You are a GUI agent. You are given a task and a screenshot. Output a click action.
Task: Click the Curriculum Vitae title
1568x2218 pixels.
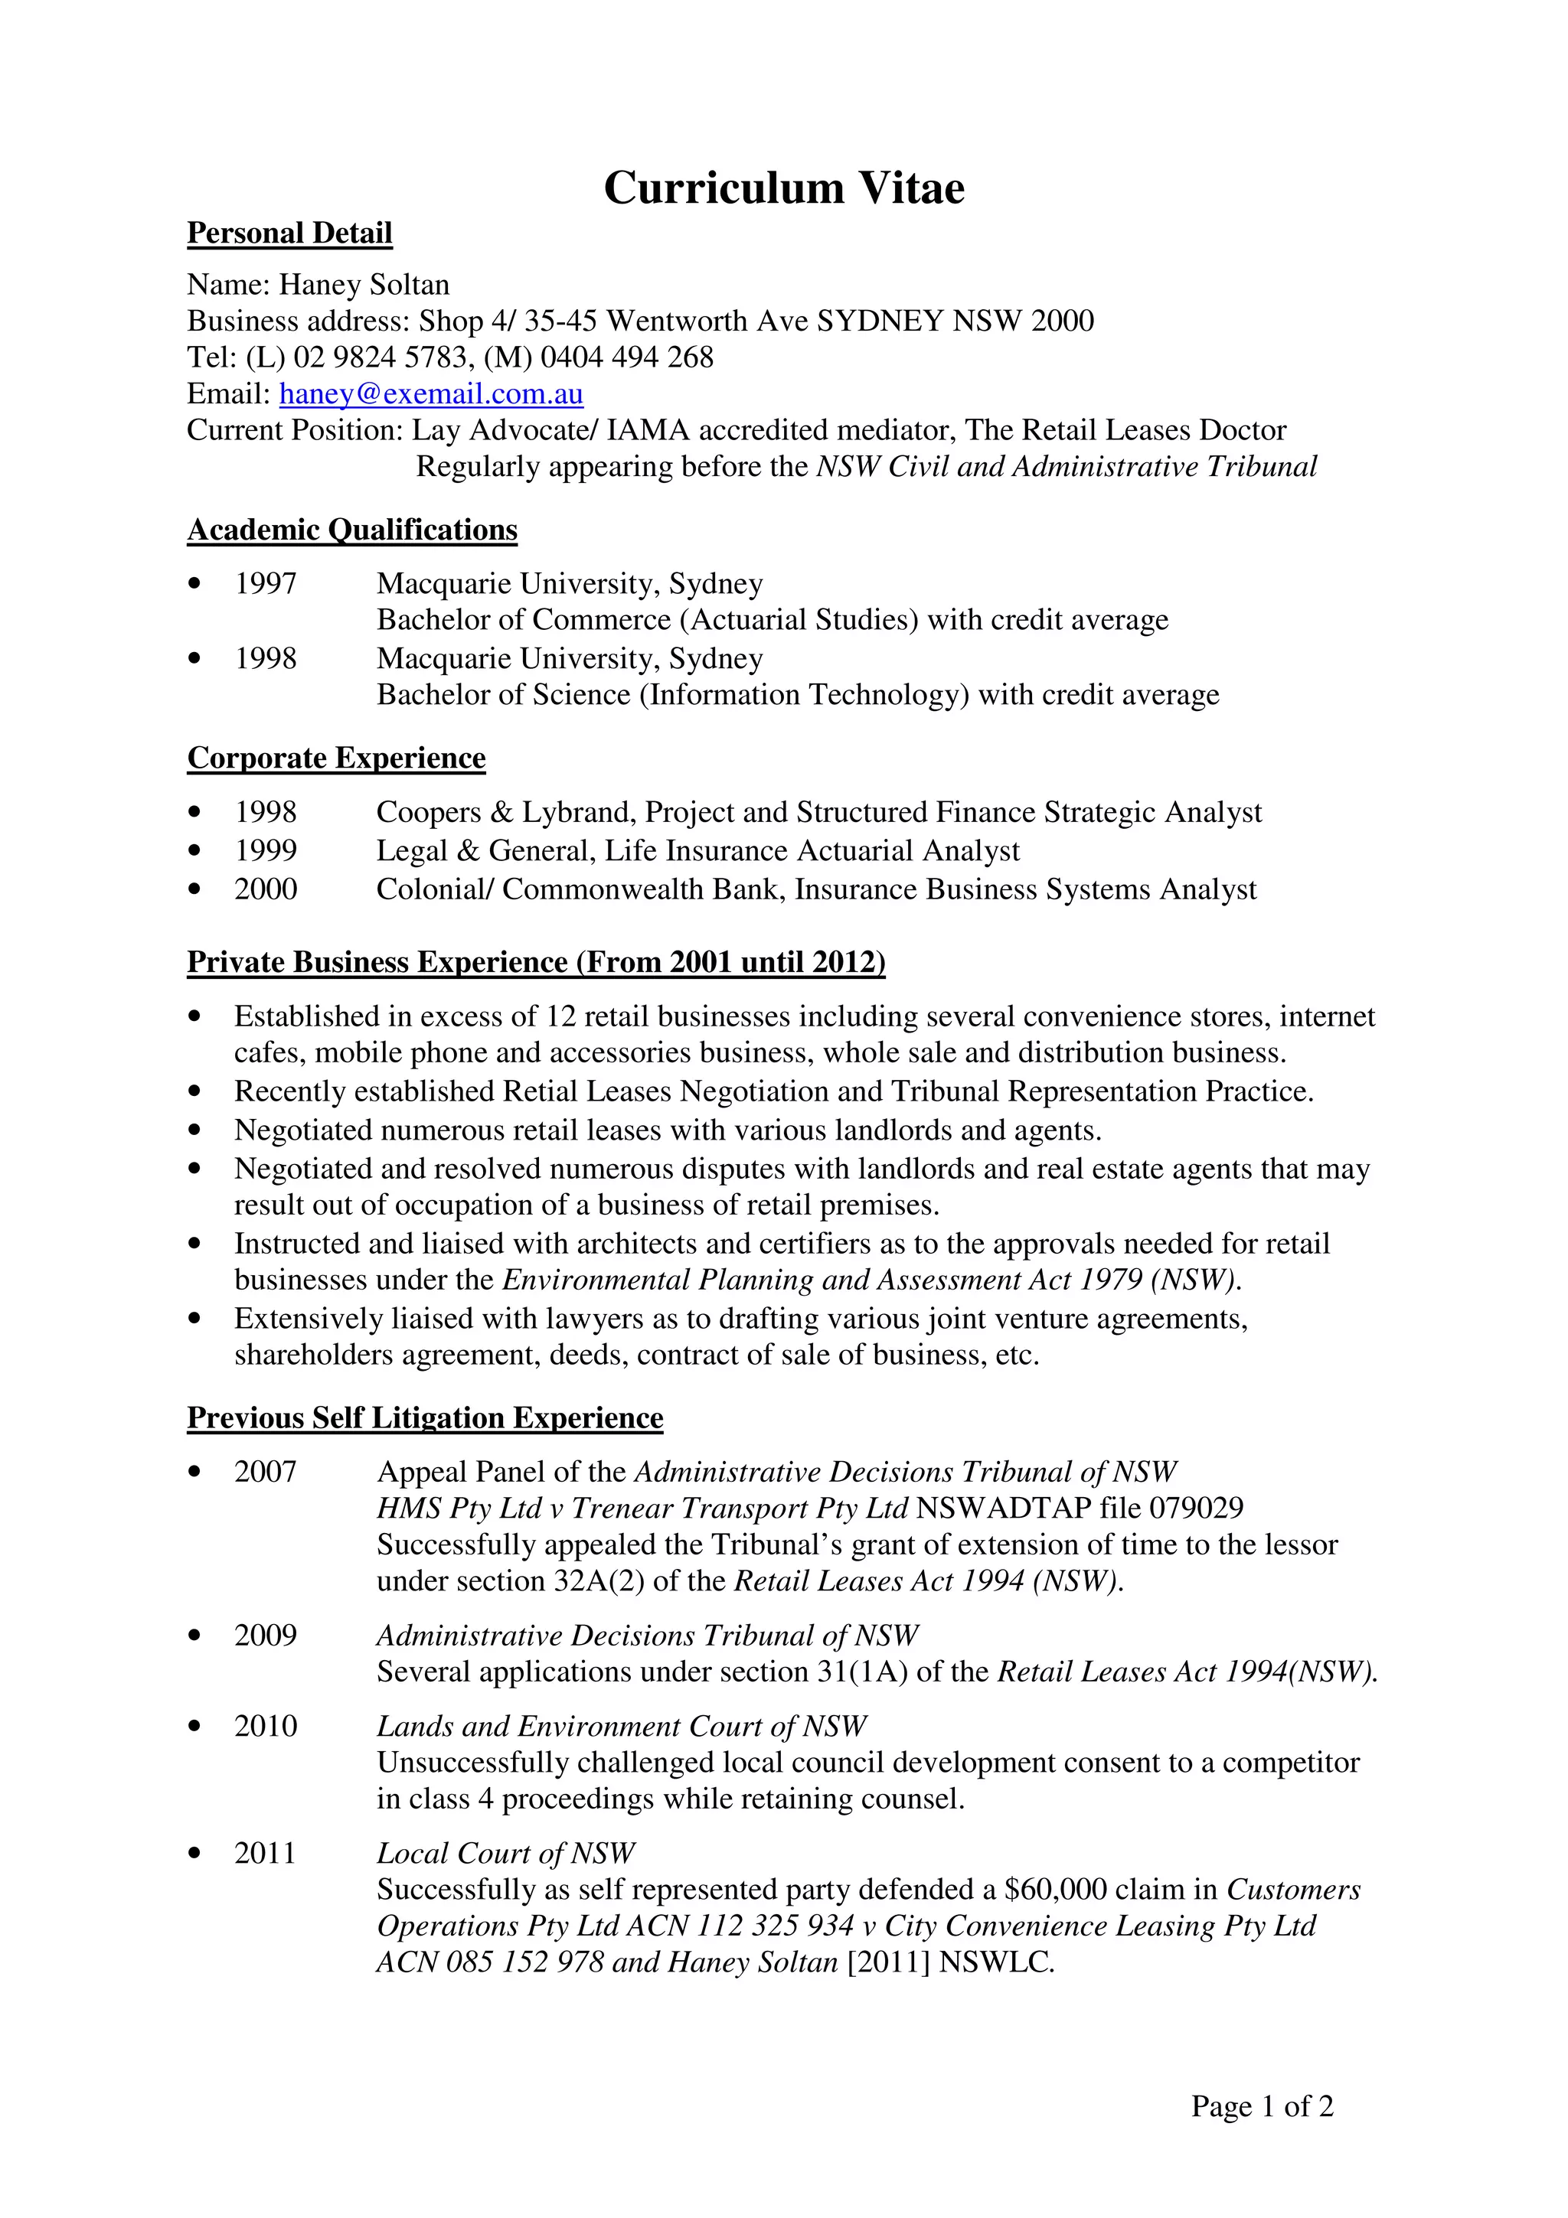click(x=783, y=188)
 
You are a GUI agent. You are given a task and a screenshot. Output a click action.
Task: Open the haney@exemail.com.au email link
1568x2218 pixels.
click(x=431, y=394)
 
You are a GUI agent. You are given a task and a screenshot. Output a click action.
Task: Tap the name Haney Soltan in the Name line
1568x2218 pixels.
click(x=364, y=285)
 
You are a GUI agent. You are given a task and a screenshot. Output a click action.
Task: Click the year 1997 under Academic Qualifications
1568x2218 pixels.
click(x=266, y=583)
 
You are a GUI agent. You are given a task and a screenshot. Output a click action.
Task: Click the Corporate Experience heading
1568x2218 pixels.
click(x=336, y=758)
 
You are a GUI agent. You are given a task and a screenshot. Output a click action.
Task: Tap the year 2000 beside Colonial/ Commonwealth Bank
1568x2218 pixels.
click(x=266, y=889)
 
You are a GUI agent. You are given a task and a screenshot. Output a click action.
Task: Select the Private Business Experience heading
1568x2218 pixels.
click(x=536, y=962)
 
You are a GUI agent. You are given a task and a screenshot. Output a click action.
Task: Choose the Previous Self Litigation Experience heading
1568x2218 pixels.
click(x=425, y=1417)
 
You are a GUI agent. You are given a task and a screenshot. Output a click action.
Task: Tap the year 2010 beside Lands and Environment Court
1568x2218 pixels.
click(x=266, y=1727)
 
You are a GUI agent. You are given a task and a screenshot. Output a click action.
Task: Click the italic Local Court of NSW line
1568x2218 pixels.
click(x=505, y=1853)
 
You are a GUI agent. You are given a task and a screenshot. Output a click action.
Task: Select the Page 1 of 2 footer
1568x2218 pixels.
click(x=1262, y=2106)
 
